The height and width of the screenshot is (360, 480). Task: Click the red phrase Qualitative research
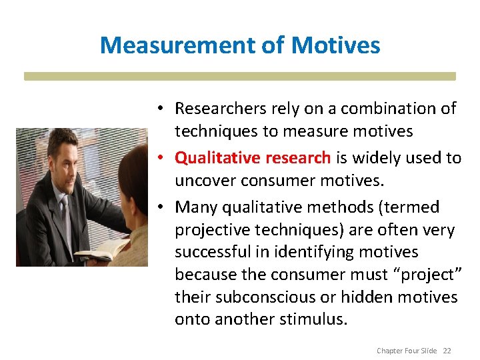[253, 157]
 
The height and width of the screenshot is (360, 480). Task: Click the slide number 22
[446, 351]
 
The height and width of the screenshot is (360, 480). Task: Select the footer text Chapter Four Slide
[407, 351]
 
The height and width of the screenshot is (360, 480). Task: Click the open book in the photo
[100, 251]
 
